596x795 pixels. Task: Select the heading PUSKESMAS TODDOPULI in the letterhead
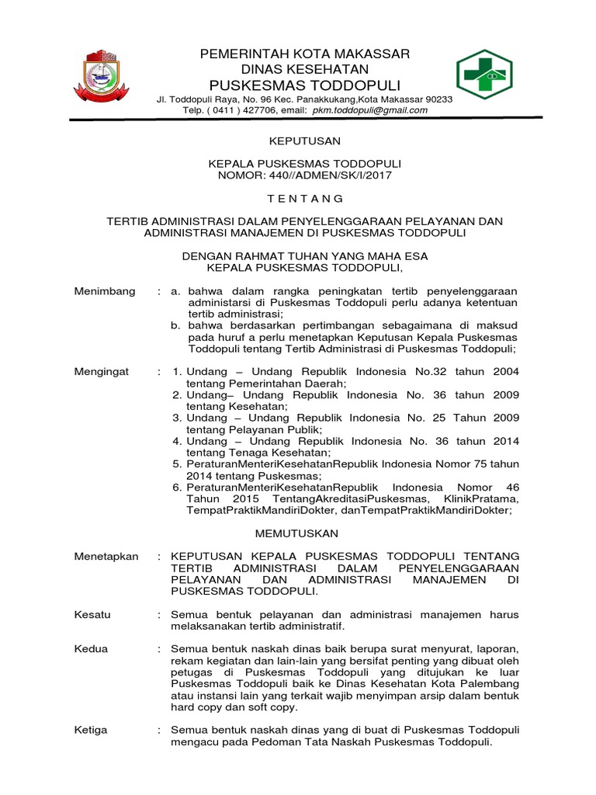pos(304,85)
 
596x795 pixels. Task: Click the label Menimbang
pos(105,291)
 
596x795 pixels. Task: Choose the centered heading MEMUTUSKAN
pos(298,533)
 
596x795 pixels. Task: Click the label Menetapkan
pos(106,557)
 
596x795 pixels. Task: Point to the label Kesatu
pos(92,614)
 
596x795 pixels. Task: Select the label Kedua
pos(91,649)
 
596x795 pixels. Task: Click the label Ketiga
pos(91,730)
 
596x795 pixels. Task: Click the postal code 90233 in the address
pos(438,99)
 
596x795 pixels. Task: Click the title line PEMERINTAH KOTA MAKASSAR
pos(304,54)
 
